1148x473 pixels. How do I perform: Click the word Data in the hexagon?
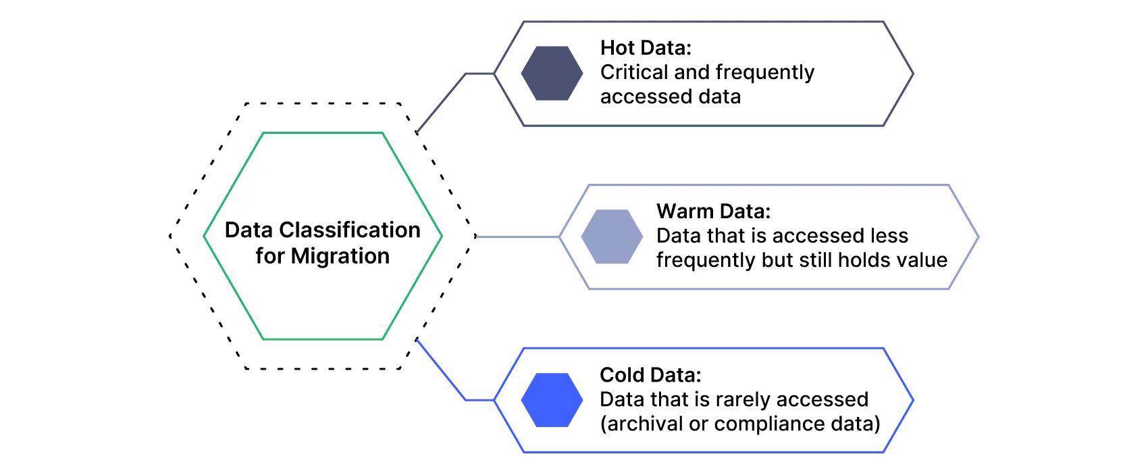pos(249,230)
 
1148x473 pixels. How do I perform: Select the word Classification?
pos(350,230)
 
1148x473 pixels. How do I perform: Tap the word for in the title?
pos(269,257)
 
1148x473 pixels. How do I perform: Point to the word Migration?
pos(340,257)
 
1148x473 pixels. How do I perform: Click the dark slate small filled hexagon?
pos(552,74)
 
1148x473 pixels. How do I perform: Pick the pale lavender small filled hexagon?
pos(610,236)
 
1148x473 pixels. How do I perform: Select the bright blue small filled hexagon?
pos(552,400)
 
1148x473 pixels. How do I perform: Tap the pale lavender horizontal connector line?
pos(517,238)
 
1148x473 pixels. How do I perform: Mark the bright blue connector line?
pos(442,371)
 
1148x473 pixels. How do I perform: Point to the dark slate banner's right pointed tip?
pos(914,74)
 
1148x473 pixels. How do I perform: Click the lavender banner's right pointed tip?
pos(979,238)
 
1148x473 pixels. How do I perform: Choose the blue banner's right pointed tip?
pos(914,400)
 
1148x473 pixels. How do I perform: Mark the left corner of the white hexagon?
pos(205,235)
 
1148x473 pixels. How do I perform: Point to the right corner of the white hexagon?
pos(442,235)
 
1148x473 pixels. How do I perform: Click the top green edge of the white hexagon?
pos(323,132)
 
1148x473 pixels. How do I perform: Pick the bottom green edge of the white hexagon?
pos(323,339)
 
